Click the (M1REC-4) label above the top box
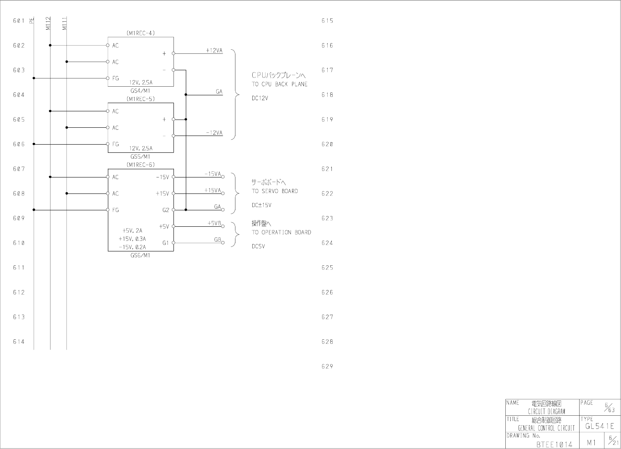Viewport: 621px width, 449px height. (x=141, y=33)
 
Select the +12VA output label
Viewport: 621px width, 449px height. (x=214, y=51)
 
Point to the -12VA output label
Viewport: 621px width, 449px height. (x=214, y=133)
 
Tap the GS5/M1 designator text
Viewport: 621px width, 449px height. (x=141, y=157)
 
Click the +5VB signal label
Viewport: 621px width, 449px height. (x=214, y=223)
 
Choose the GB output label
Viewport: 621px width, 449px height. (x=218, y=239)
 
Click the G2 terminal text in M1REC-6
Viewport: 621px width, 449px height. (x=166, y=210)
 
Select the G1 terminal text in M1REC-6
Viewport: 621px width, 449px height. (x=166, y=243)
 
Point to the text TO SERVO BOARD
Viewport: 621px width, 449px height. (x=275, y=191)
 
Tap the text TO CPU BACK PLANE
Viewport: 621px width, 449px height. (x=279, y=84)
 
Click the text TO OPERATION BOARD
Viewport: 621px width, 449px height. (x=281, y=233)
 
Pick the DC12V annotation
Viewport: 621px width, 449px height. (x=260, y=99)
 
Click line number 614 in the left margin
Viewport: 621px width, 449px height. (x=19, y=342)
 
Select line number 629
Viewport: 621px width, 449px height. (x=327, y=366)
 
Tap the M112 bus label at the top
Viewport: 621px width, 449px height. (x=48, y=23)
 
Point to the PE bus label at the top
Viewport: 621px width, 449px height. (x=32, y=21)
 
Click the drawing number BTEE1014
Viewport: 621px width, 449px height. (x=554, y=444)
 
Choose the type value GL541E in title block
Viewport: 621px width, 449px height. (x=600, y=426)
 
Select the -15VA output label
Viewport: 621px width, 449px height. (x=213, y=174)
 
